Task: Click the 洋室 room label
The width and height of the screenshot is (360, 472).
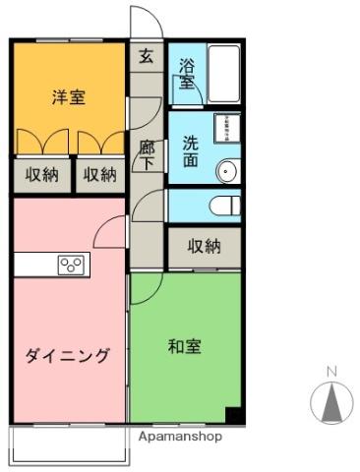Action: pyautogui.click(x=68, y=97)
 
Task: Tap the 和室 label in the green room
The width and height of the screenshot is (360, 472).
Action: pyautogui.click(x=184, y=346)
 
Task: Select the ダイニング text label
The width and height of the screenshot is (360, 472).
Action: pyautogui.click(x=68, y=356)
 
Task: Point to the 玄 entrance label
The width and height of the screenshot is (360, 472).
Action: pyautogui.click(x=146, y=57)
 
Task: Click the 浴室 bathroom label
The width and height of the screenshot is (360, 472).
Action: pyautogui.click(x=187, y=76)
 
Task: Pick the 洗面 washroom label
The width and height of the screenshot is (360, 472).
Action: pyautogui.click(x=191, y=150)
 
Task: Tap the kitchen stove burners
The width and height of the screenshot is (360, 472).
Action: pyautogui.click(x=71, y=264)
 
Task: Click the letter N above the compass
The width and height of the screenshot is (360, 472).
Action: pyautogui.click(x=331, y=371)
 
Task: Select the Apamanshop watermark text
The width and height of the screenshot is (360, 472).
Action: pyautogui.click(x=180, y=436)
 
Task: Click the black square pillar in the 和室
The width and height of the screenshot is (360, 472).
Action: pyautogui.click(x=233, y=415)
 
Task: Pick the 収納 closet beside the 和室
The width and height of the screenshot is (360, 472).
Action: pyautogui.click(x=204, y=246)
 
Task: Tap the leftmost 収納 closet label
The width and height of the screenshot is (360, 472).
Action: pyautogui.click(x=42, y=175)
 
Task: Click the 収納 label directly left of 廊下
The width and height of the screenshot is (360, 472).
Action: pyautogui.click(x=99, y=175)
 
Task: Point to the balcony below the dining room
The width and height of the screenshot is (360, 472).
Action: pyautogui.click(x=69, y=444)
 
